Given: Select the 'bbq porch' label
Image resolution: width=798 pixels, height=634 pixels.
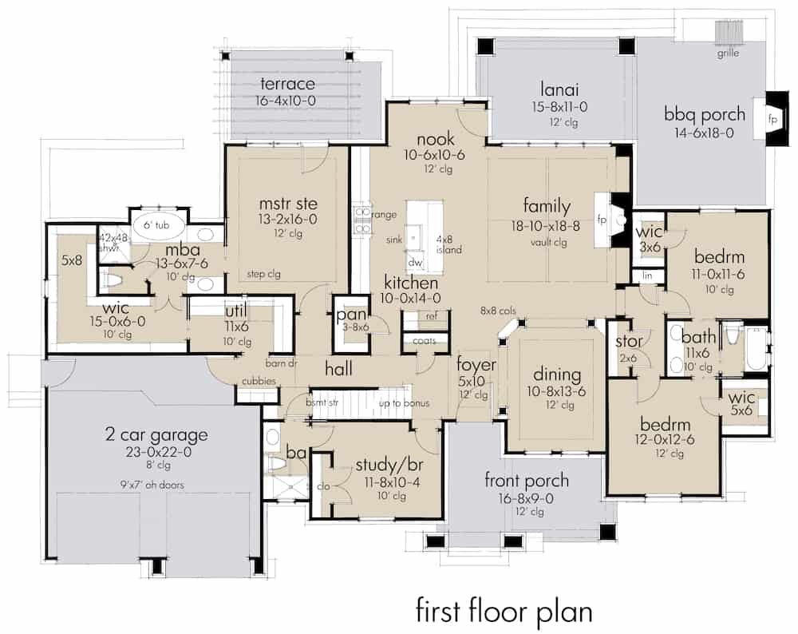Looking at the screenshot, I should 705,114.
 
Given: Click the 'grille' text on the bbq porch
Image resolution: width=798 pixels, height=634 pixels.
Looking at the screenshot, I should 726,53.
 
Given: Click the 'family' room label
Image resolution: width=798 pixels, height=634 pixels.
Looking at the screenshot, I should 546,207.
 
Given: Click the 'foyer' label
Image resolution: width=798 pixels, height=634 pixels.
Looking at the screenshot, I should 477,365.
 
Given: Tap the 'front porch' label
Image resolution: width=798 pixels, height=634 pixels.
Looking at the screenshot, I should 527,480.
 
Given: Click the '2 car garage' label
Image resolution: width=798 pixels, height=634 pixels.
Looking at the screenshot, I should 156,435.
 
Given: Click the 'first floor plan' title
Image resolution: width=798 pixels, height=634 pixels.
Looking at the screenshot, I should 503,611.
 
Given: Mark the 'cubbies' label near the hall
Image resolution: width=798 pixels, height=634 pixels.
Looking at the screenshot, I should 260,382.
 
